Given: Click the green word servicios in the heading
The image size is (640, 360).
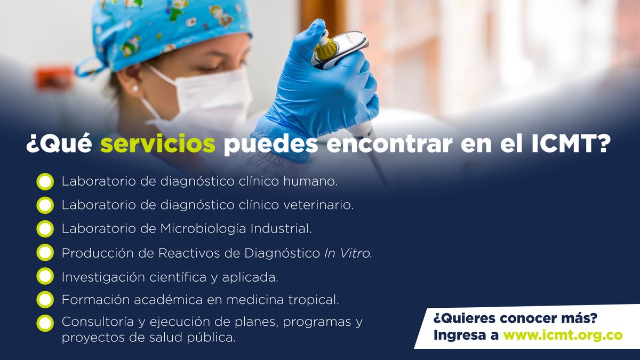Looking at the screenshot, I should (x=158, y=146).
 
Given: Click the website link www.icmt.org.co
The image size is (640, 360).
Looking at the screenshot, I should (x=563, y=335).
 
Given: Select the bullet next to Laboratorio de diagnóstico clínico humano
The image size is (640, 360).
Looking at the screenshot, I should (x=45, y=181).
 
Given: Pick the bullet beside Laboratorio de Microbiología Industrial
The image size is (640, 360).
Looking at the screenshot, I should (x=45, y=229).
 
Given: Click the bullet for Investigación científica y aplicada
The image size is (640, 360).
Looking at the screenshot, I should (x=45, y=276).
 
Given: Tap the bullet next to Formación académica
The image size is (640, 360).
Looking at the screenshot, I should (x=45, y=300).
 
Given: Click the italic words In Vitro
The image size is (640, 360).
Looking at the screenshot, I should (x=347, y=253).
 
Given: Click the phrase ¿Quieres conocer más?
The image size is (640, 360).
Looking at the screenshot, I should (x=515, y=318).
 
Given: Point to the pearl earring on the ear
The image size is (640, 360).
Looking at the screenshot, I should (x=135, y=88).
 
